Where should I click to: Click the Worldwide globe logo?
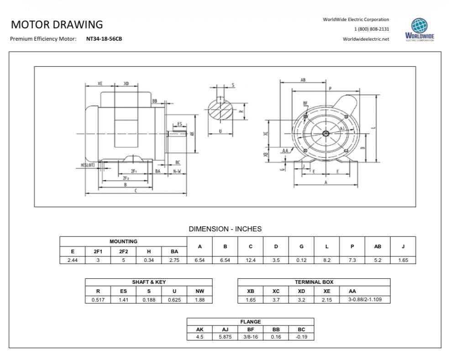point(419,26)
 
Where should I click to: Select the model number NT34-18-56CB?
point(104,39)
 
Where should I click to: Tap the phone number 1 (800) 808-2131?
point(372,29)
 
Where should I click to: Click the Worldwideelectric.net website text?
point(366,39)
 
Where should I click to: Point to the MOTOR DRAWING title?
point(57,25)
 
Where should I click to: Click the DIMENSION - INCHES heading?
point(225,229)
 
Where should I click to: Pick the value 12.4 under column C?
point(251,260)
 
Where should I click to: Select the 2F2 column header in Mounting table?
point(123,251)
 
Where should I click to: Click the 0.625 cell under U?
point(174,300)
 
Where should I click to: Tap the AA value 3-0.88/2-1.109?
point(365,299)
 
